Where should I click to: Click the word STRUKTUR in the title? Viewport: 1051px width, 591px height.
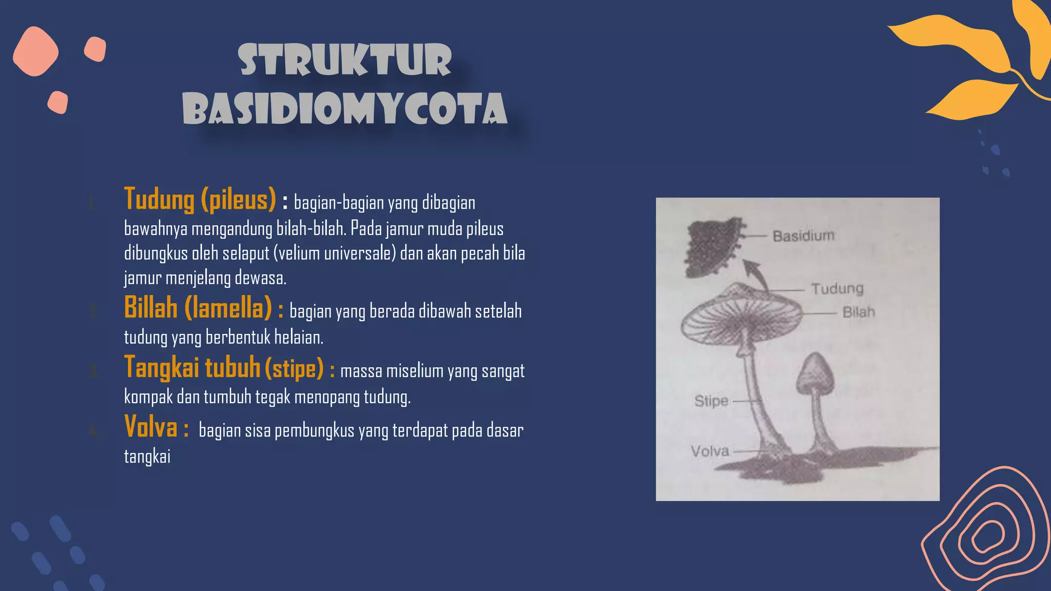click(345, 61)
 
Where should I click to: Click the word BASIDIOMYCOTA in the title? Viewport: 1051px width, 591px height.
click(345, 109)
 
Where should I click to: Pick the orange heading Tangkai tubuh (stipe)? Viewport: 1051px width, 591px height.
click(224, 368)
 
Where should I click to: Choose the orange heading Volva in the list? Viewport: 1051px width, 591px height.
click(151, 427)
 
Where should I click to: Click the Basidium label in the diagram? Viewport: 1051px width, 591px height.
click(804, 236)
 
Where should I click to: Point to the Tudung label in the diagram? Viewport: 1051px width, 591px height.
click(838, 288)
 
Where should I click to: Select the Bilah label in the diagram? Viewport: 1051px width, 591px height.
click(859, 312)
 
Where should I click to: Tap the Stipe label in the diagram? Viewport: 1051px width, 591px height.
click(711, 401)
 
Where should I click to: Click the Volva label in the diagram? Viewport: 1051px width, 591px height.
click(710, 451)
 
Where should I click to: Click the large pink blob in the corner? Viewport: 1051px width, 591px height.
click(35, 51)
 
